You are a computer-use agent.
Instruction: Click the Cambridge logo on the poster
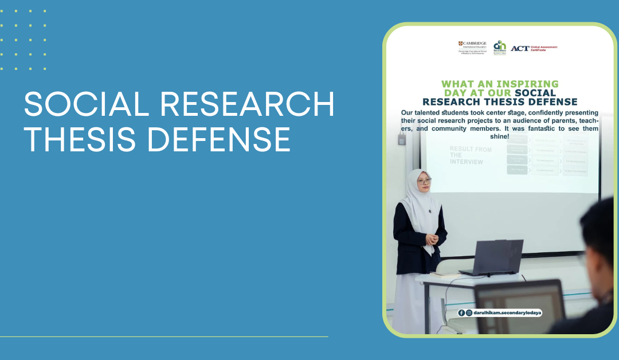(472, 47)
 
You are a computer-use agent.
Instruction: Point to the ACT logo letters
(520, 48)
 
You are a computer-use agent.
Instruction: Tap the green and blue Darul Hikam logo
(500, 47)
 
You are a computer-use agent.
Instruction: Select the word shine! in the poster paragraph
(499, 136)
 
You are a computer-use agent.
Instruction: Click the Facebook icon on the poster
(461, 313)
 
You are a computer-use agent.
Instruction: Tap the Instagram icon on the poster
(469, 313)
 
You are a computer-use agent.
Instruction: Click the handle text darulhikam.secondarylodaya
(505, 313)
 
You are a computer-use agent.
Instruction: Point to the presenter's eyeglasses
(424, 182)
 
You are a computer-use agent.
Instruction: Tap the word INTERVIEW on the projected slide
(466, 162)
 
